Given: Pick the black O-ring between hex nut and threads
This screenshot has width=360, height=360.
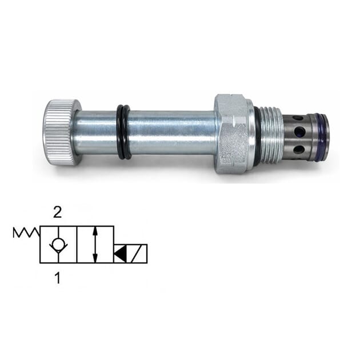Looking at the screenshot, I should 257,136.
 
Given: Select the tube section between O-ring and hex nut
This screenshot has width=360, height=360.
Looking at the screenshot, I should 171,133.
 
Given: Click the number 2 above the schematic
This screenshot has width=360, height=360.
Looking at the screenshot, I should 57,213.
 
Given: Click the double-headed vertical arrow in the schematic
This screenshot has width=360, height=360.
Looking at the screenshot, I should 94,244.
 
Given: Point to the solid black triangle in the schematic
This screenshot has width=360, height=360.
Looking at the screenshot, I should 121,253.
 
